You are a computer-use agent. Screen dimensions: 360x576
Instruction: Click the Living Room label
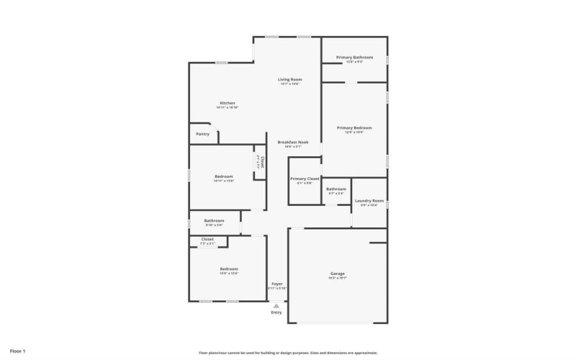[x=289, y=79]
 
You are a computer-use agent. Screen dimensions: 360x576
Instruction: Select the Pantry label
[x=203, y=134]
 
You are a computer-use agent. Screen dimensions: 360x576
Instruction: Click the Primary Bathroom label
[x=354, y=58]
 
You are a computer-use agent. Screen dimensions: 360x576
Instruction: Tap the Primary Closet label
[x=305, y=179]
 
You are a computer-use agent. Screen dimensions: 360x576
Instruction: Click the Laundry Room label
[x=369, y=201]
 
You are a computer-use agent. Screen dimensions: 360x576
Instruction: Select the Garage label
[x=338, y=274]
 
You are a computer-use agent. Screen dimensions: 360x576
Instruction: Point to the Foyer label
[x=277, y=284]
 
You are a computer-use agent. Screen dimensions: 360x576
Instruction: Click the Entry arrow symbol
[x=276, y=305]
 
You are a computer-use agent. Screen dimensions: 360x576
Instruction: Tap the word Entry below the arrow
[x=276, y=312]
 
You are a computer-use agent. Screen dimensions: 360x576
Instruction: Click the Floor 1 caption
[x=19, y=351]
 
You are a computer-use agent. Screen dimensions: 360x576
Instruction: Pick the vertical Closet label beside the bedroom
[x=262, y=163]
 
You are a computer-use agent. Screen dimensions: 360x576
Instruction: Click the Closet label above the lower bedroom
[x=207, y=239]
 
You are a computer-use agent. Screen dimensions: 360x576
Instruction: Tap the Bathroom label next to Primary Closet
[x=336, y=189]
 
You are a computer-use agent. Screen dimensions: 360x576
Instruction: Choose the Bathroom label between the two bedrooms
[x=214, y=221]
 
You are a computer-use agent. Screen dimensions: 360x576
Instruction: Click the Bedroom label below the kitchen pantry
[x=224, y=176]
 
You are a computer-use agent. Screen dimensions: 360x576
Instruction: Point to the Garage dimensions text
[x=338, y=278]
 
